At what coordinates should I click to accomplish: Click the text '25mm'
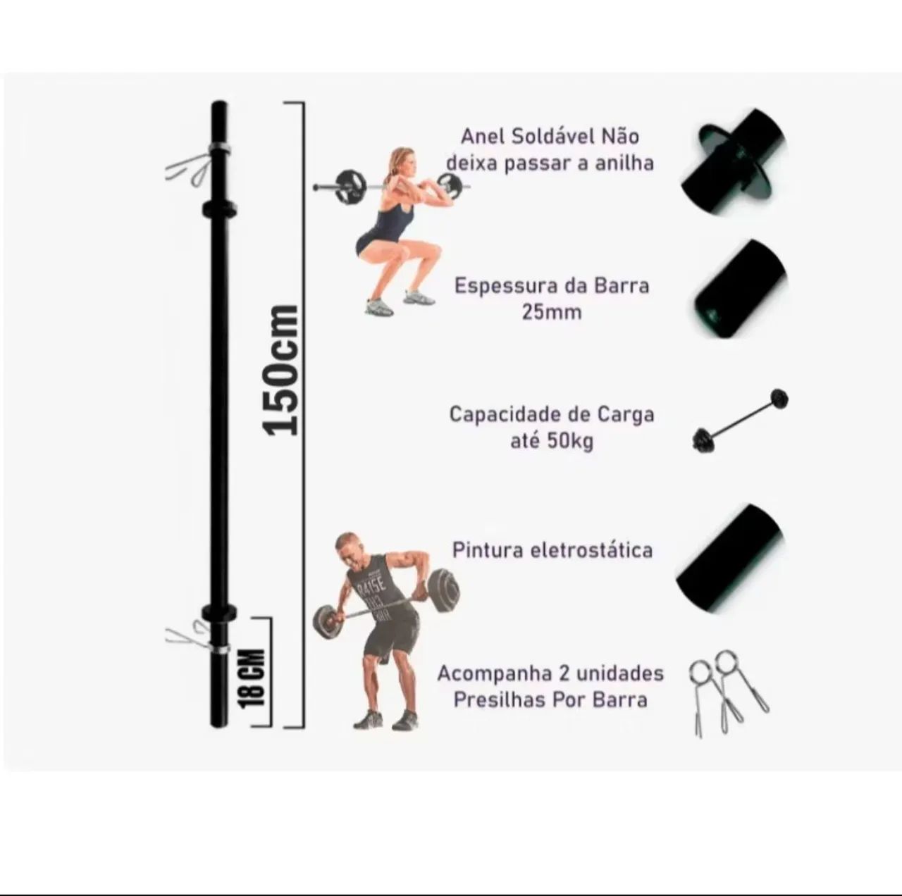pos(552,312)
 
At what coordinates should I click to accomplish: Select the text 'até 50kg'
pos(552,442)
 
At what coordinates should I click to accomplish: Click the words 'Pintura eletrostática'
pos(552,550)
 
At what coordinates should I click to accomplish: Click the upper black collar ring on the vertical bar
pos(218,209)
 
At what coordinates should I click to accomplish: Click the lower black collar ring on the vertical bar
pos(218,613)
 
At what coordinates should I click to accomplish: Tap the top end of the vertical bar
pos(219,103)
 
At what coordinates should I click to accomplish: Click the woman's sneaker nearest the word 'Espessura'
pos(419,296)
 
